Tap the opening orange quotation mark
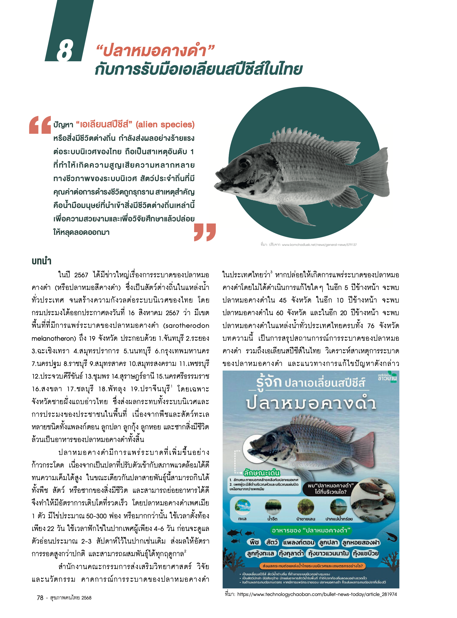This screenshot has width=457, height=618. (x=40, y=125)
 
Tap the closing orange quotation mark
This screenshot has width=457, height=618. (x=205, y=232)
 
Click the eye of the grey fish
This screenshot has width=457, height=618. (x=244, y=161)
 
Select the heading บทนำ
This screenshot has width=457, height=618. (x=41, y=261)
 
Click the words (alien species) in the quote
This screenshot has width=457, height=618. (x=165, y=125)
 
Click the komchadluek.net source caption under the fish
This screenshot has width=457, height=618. (x=308, y=245)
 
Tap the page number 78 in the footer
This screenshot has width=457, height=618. (x=40, y=598)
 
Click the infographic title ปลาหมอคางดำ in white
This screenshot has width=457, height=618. (x=311, y=403)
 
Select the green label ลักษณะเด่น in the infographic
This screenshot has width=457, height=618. (x=262, y=473)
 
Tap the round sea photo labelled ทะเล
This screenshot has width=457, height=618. (x=242, y=506)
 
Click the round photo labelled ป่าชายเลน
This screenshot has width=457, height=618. (x=305, y=506)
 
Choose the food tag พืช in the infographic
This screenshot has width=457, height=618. (x=254, y=542)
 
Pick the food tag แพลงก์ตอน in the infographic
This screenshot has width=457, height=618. (x=298, y=542)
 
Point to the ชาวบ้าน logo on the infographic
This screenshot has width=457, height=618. (x=387, y=378)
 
